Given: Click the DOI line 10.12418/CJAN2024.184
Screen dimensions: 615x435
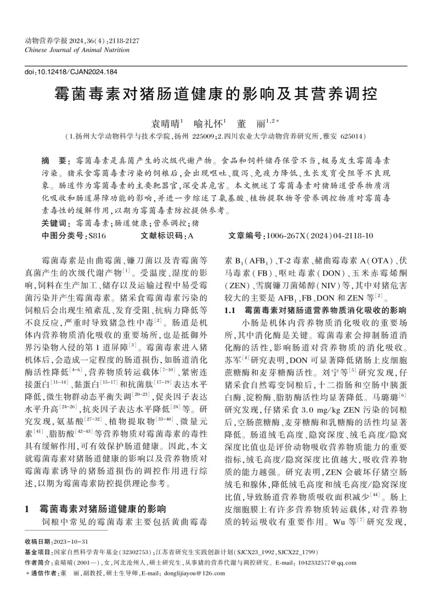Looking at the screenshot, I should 71,71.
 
